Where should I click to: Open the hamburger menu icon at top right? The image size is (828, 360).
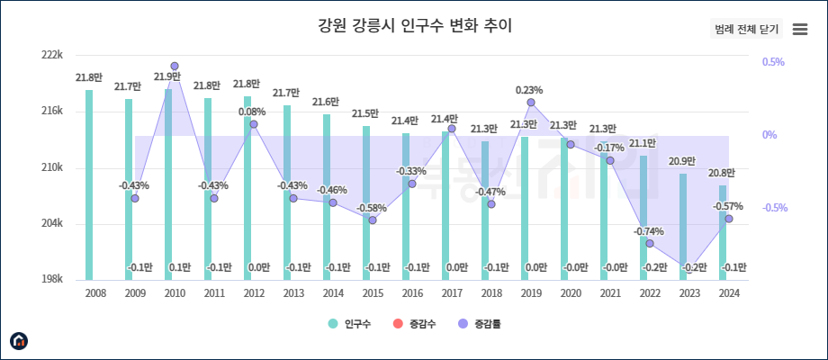[x=799, y=29]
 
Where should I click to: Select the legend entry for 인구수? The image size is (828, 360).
[x=350, y=324]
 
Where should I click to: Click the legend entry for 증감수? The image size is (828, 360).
[x=415, y=324]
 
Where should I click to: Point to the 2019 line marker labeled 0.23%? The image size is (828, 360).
[x=531, y=103]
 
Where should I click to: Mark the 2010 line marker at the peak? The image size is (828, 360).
[x=175, y=67]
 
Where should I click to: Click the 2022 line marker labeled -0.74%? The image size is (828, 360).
[x=650, y=244]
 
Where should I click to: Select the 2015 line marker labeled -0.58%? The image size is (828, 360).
[x=373, y=220]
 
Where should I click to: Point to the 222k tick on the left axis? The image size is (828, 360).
[x=52, y=55]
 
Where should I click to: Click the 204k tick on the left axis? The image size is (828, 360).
[x=52, y=224]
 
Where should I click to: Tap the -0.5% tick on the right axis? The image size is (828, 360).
[x=774, y=208]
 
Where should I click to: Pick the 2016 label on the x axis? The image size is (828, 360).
[x=412, y=293]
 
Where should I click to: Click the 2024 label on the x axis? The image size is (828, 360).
[x=729, y=293]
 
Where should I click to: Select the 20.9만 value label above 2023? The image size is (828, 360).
[x=682, y=161]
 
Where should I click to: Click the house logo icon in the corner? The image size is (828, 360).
[x=19, y=340]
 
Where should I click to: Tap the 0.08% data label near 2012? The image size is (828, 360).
[x=252, y=112]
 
